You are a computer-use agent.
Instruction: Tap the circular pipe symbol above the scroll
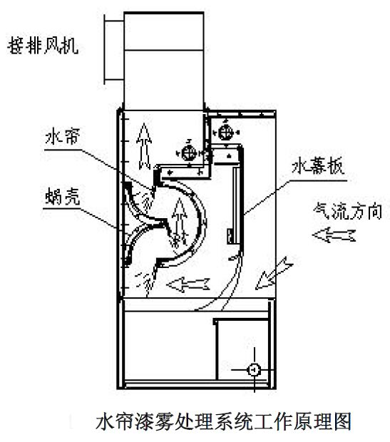coord(190,154)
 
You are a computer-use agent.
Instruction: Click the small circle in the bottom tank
coord(252,369)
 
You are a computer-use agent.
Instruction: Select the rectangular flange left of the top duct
coord(110,48)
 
